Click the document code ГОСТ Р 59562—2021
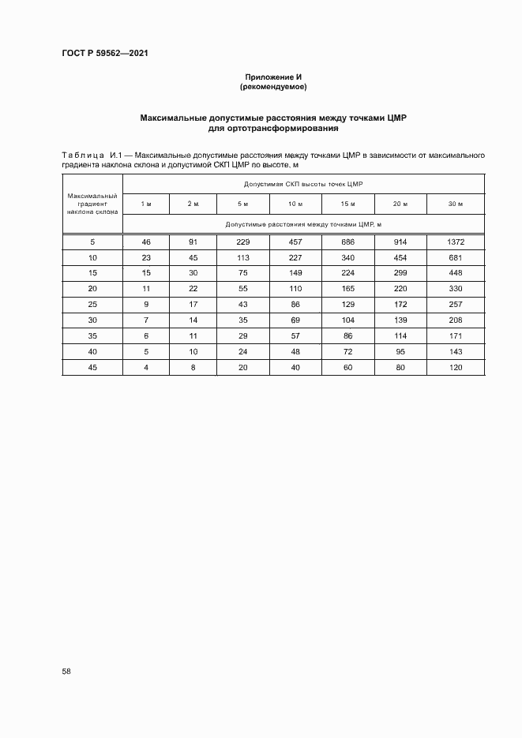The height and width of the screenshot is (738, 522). click(104, 53)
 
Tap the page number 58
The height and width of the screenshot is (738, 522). click(66, 671)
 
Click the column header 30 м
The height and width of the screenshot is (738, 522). click(455, 204)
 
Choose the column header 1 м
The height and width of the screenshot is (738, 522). click(146, 204)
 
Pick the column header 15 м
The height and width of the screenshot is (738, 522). click(347, 204)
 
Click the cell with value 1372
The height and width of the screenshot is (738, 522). click(455, 242)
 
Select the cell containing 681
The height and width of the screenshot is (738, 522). click(455, 257)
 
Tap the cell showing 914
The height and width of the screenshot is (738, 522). click(400, 242)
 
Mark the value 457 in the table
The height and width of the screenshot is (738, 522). click(295, 242)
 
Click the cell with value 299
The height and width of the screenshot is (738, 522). click(400, 273)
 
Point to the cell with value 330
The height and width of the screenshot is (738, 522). click(455, 288)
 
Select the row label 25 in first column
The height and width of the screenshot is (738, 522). click(92, 304)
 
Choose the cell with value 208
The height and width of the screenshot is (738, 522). click(455, 319)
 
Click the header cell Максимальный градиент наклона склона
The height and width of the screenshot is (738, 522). click(92, 204)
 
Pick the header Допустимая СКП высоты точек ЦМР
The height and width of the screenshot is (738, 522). click(303, 184)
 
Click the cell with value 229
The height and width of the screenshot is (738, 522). click(243, 242)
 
